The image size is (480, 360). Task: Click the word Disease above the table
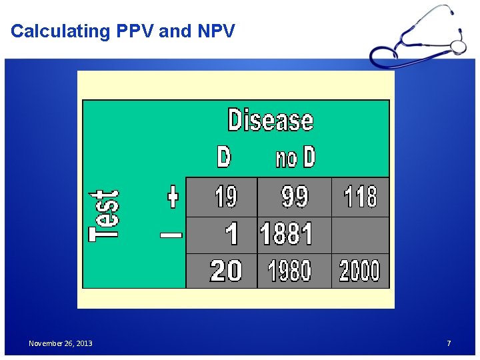pos(270,121)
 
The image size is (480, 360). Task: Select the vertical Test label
pos(105,213)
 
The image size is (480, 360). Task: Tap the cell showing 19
pos(225,197)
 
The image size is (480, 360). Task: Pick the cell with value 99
pos(295,197)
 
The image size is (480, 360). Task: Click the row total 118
pos(360,197)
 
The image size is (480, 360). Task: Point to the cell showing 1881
pos(286,235)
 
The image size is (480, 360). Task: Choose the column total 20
pos(225,271)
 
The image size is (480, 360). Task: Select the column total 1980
pos(289,271)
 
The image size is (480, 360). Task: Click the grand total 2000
pos(359,271)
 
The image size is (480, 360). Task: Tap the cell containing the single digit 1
pos(231,235)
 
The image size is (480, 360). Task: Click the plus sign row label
pos(173,197)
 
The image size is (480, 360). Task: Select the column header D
pos(224,157)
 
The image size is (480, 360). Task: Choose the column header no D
pos(295,158)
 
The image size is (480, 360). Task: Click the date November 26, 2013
pos(61,343)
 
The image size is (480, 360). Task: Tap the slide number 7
pos(449,343)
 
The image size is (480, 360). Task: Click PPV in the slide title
pos(133,31)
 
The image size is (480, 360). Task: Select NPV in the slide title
pos(215,31)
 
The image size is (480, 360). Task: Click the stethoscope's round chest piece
pos(458,46)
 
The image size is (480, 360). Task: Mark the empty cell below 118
pos(360,235)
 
